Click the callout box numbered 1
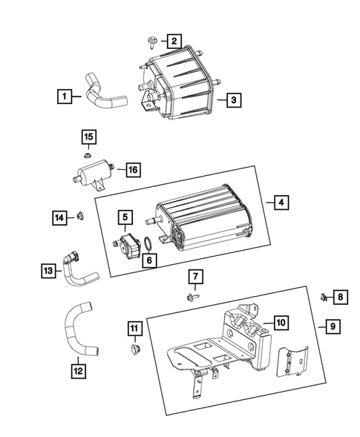[66, 96]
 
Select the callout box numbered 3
[233, 99]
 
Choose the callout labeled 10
[281, 322]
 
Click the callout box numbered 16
[132, 170]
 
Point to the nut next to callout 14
[81, 217]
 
